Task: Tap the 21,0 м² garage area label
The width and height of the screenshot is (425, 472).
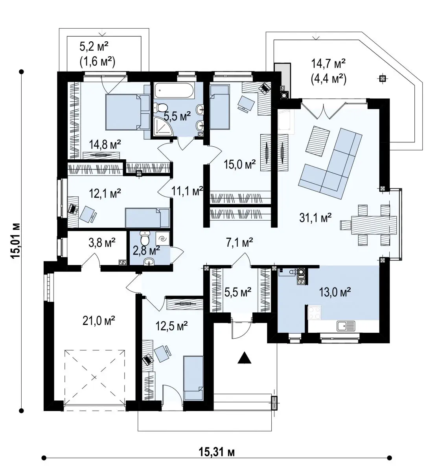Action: [x=99, y=321]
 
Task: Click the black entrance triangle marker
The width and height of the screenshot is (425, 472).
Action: [x=245, y=358]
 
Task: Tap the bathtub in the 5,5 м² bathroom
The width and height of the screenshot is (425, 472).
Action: [x=174, y=91]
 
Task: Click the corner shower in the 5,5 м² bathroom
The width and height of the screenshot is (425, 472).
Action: [x=163, y=127]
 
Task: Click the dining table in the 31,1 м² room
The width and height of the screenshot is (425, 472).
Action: [x=374, y=225]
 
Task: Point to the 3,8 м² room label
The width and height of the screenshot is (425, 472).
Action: [x=102, y=242]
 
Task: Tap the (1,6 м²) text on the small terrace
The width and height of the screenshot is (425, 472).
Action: [x=98, y=62]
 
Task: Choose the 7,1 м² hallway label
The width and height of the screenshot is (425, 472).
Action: [x=239, y=242]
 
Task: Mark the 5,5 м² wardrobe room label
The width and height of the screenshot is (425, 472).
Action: [x=238, y=292]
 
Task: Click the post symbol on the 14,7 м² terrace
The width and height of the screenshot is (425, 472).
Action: [x=383, y=78]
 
